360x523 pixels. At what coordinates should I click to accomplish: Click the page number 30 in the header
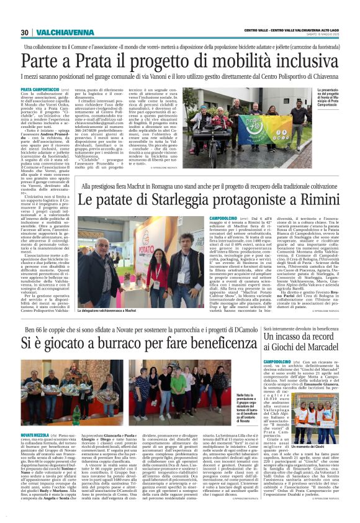[x=25, y=33]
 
